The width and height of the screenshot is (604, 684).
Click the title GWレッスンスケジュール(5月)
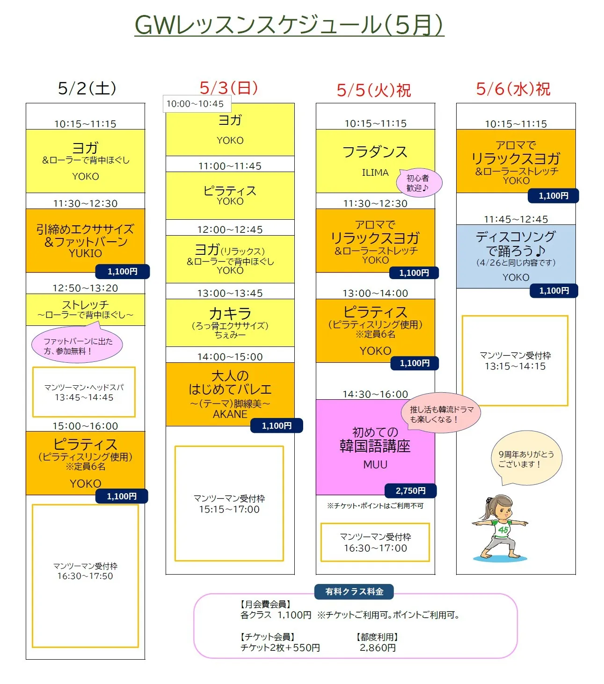click(x=289, y=25)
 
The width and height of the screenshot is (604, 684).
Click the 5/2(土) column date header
click(x=87, y=88)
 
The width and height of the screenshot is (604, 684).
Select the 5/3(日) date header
click(x=229, y=87)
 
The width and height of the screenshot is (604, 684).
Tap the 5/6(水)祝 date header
click(x=513, y=89)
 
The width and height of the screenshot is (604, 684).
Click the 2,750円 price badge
click(x=410, y=490)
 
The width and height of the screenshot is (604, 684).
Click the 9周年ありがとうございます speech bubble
click(x=526, y=459)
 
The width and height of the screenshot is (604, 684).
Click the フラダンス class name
click(x=375, y=152)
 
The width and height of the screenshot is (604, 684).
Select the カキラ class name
click(x=230, y=313)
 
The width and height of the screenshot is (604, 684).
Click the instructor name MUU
click(x=375, y=464)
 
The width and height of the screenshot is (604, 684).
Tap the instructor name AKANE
click(x=230, y=414)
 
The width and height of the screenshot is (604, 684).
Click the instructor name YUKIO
click(x=85, y=253)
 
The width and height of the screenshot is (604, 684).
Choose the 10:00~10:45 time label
click(x=195, y=104)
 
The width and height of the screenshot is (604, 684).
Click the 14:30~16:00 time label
click(x=375, y=394)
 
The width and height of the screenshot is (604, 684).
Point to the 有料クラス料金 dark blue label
click(x=354, y=591)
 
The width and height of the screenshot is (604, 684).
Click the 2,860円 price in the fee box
click(x=378, y=648)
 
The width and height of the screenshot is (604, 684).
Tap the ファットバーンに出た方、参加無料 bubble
click(x=77, y=346)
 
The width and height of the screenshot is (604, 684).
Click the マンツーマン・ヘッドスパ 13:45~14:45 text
click(x=84, y=392)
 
